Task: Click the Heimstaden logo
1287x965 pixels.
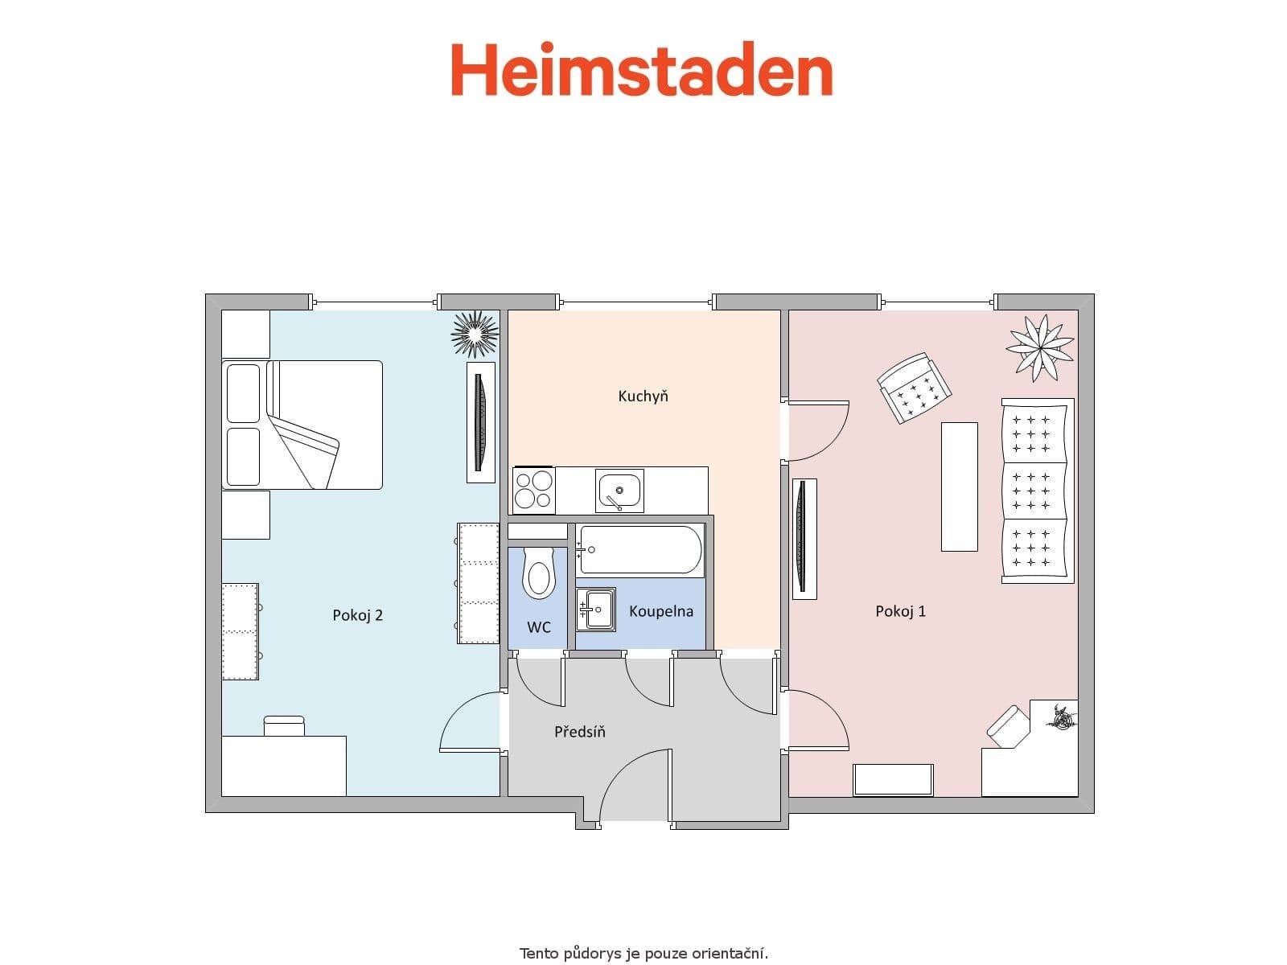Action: click(x=641, y=70)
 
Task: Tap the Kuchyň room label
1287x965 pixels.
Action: click(x=643, y=396)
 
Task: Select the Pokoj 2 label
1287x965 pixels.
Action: click(x=357, y=615)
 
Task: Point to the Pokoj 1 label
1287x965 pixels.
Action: click(x=900, y=611)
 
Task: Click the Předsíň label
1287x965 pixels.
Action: click(x=579, y=732)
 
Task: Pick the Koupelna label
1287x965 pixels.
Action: click(x=660, y=611)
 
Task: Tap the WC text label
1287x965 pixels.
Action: click(x=538, y=627)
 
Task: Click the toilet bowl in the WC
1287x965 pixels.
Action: click(x=538, y=573)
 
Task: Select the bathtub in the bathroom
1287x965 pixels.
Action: click(x=640, y=550)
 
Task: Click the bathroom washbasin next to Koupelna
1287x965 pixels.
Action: click(x=596, y=609)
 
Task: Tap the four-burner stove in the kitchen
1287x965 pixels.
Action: click(x=533, y=490)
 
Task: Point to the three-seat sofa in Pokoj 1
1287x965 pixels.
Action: click(x=1037, y=491)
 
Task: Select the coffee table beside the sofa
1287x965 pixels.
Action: click(x=959, y=487)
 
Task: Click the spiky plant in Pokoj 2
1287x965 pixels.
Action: click(x=475, y=333)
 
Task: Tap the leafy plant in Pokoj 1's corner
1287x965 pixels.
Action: click(x=1039, y=347)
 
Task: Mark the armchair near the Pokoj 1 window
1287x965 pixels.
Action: click(x=914, y=387)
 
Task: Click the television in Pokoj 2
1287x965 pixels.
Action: click(x=481, y=422)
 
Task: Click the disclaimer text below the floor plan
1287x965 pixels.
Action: click(x=643, y=954)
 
